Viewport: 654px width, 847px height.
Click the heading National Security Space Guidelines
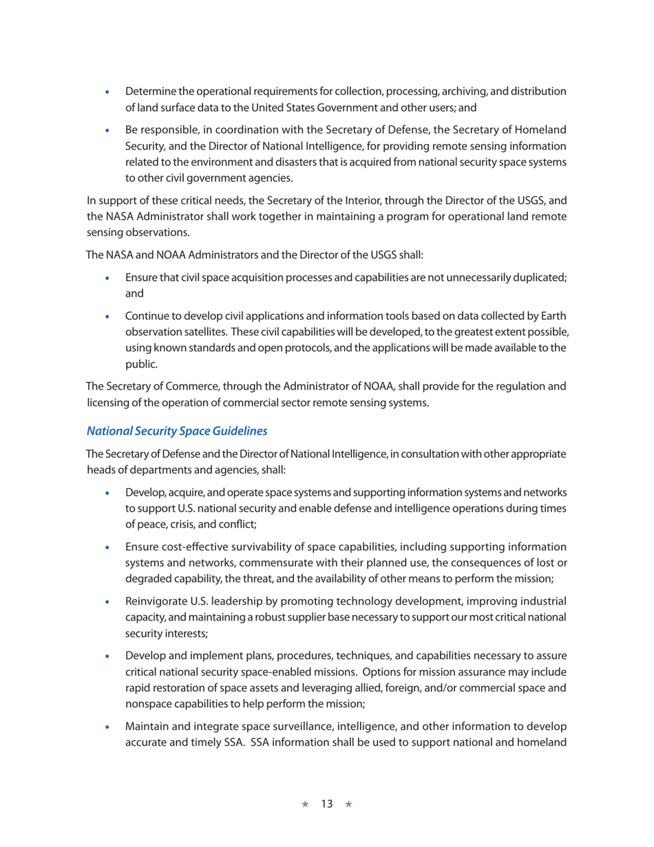point(177,432)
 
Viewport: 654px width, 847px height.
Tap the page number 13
point(326,804)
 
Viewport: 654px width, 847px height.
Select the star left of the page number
point(305,804)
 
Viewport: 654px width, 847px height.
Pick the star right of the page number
point(348,804)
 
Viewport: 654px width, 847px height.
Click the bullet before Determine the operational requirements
point(105,92)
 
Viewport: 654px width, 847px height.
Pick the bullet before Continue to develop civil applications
point(105,315)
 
